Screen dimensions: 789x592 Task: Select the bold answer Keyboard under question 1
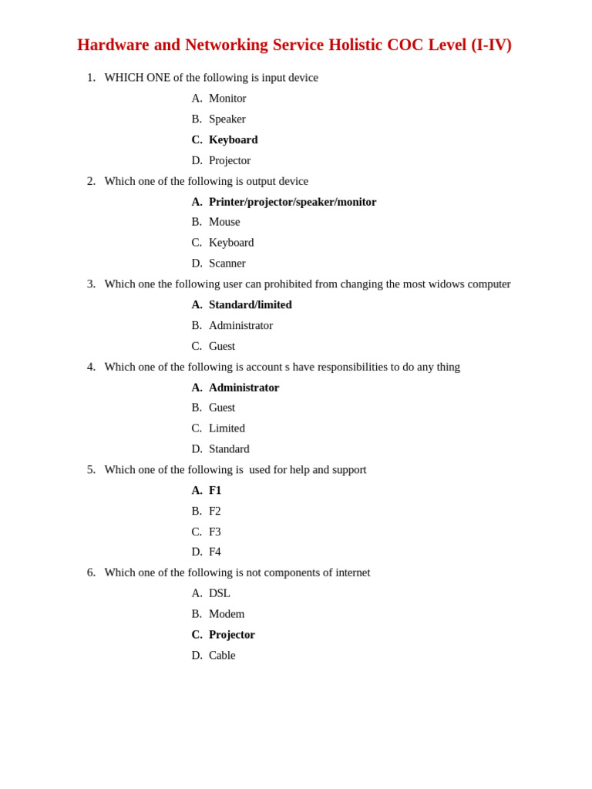tap(233, 139)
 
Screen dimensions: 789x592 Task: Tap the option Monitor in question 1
tap(227, 98)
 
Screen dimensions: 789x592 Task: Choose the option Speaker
tap(227, 119)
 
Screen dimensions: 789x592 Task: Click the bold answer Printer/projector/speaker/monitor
tap(292, 202)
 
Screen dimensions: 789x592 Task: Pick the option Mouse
tap(224, 222)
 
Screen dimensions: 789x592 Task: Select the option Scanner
tap(227, 263)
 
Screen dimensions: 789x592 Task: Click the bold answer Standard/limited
tap(250, 304)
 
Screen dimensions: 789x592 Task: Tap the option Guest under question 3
tap(222, 346)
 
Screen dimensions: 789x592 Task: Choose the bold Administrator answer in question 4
tap(244, 388)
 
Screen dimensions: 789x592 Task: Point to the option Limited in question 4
tap(227, 428)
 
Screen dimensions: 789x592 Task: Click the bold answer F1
tap(215, 490)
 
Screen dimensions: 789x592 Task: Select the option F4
tap(214, 552)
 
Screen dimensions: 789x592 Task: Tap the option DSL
tap(219, 593)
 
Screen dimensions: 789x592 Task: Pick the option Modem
tap(227, 614)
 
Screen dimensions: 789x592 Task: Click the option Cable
tap(222, 655)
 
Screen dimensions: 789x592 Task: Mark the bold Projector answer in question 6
tap(231, 634)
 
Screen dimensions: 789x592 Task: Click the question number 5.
tap(91, 469)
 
